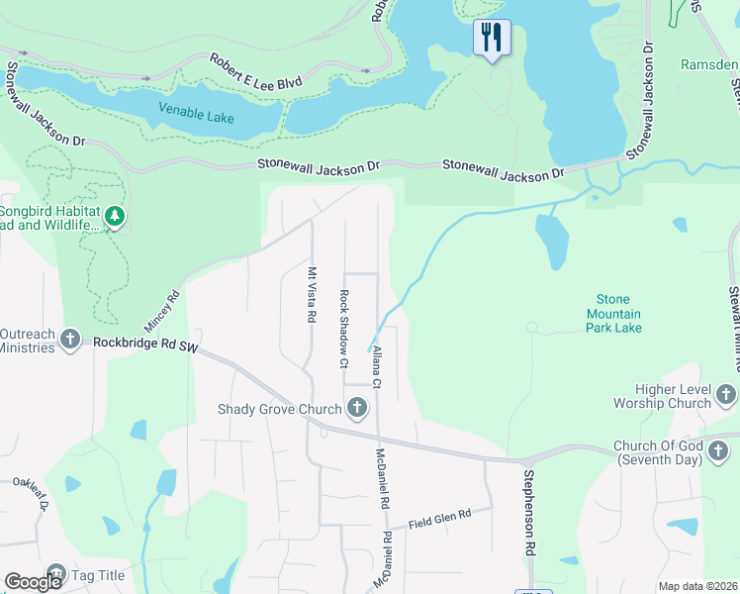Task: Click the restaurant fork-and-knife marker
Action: (492, 38)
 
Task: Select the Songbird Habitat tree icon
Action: (116, 216)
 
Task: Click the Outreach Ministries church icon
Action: (70, 340)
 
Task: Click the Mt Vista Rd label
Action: (312, 295)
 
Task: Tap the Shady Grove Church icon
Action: (356, 408)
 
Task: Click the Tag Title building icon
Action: (56, 574)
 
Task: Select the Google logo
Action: (33, 582)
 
